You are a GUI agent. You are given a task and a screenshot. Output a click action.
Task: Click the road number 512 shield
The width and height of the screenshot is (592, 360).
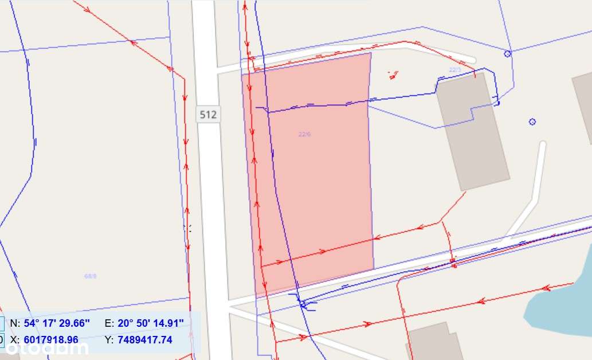(208, 114)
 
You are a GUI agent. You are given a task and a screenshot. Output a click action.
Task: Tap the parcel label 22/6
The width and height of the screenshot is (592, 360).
(304, 134)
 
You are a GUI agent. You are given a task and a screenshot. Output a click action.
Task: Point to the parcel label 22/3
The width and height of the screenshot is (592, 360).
(455, 69)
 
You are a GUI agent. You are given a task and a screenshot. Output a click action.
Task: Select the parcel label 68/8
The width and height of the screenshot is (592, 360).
(91, 276)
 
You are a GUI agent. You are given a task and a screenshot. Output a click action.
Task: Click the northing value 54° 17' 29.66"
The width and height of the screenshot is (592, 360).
(57, 323)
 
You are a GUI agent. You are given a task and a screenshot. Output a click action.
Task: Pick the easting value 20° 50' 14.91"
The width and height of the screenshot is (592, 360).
(151, 323)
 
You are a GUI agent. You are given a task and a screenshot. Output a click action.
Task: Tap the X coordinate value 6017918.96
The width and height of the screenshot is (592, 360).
(51, 339)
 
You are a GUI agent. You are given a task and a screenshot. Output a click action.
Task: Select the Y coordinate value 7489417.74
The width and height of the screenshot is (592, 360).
(144, 339)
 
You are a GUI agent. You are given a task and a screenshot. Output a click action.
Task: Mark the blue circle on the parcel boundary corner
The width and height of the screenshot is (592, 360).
(507, 54)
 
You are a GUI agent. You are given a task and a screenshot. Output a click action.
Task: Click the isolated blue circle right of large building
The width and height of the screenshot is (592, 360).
(532, 122)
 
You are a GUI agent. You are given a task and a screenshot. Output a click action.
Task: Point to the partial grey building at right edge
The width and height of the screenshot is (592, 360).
(583, 106)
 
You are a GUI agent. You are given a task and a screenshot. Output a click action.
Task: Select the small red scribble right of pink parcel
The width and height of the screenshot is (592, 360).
(393, 74)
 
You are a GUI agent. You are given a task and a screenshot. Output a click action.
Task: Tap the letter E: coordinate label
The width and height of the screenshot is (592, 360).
(109, 323)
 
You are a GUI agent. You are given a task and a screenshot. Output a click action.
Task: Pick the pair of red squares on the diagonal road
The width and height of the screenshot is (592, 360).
(453, 264)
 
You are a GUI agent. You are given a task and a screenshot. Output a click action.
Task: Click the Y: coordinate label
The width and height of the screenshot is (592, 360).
(109, 339)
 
